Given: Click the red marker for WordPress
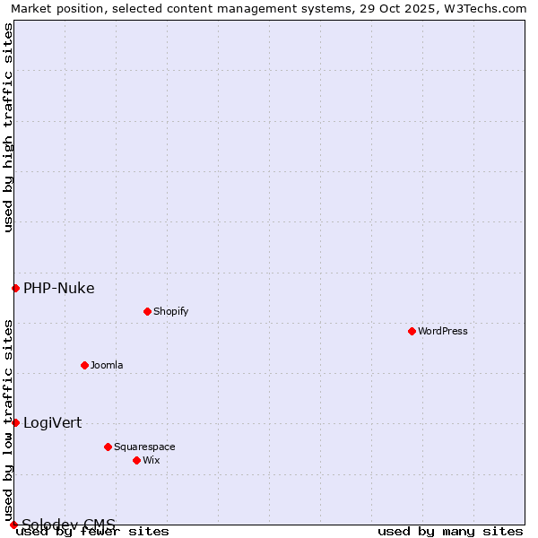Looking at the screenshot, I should click(x=412, y=331).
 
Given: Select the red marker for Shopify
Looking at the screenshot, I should click(x=147, y=311).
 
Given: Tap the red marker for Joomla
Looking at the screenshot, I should click(x=84, y=365).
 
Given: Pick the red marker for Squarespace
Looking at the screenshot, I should click(x=108, y=447).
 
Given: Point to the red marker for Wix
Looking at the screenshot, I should click(x=136, y=460).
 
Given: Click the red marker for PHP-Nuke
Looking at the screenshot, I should click(x=15, y=288).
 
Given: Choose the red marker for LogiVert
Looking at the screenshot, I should click(x=15, y=422).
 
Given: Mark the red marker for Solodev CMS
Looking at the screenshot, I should click(x=13, y=525).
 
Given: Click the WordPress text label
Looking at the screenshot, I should click(x=443, y=331).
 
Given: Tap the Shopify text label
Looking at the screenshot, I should click(x=170, y=311).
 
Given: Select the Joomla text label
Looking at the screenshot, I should click(x=107, y=365).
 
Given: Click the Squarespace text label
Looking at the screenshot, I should click(x=144, y=447).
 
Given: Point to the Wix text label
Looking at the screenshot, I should click(x=151, y=460).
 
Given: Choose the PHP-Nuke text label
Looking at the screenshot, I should click(x=59, y=288).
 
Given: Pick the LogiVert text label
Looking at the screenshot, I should click(x=52, y=422).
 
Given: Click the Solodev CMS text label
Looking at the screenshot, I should click(x=68, y=525).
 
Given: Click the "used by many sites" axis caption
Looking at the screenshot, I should click(x=450, y=531).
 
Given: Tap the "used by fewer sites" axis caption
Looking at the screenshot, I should click(x=93, y=531).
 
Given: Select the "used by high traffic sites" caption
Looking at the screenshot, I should click(x=8, y=127).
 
